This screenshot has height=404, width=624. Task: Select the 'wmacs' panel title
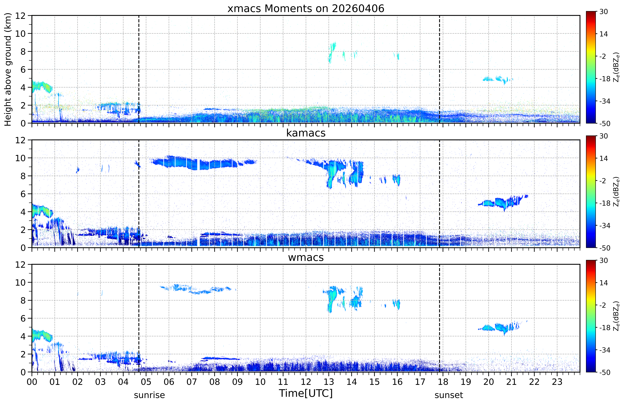(306, 257)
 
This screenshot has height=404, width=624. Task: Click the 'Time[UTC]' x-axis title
(306, 393)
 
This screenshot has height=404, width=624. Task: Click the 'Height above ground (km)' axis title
(8, 69)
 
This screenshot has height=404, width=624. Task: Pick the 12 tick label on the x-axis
(306, 382)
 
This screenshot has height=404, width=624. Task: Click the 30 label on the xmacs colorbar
(604, 12)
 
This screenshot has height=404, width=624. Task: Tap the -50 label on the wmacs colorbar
(605, 372)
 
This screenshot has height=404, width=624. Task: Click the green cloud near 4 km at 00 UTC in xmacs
(42, 86)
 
